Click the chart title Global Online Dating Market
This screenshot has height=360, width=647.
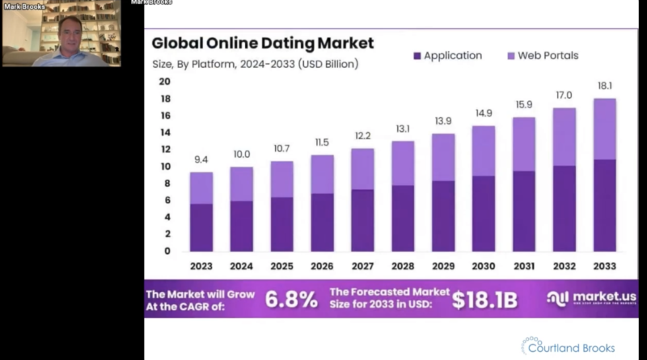(263, 42)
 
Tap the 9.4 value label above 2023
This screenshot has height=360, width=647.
(201, 160)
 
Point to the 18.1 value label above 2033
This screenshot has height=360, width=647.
(605, 84)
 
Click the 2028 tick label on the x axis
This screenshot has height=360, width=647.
(403, 266)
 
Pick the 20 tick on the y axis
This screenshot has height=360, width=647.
(164, 82)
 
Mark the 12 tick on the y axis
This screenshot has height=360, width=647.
(164, 150)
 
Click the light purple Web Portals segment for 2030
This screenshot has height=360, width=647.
(484, 150)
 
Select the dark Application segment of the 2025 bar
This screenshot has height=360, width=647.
(282, 223)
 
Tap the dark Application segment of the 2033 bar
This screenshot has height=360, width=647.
(605, 205)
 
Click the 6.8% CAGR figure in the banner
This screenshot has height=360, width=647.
(292, 299)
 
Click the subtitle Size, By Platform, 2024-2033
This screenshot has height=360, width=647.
(256, 63)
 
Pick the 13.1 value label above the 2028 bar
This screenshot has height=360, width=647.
(403, 129)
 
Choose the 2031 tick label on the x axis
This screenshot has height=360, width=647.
(524, 266)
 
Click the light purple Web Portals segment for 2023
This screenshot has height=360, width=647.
(201, 188)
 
